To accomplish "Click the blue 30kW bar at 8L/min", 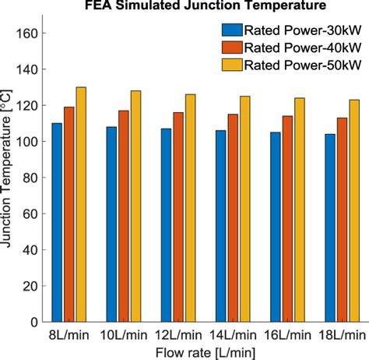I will point(58,222).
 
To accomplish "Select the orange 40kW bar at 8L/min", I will point(69,214).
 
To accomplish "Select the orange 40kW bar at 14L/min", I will point(233,218).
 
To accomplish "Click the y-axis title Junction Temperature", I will point(9,178).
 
